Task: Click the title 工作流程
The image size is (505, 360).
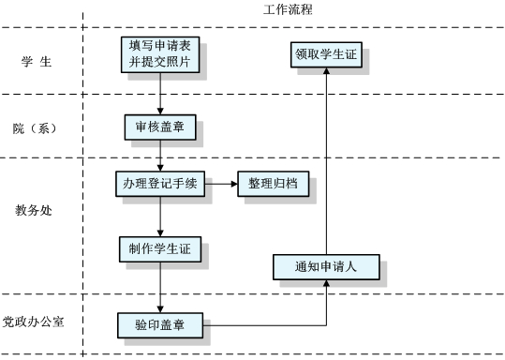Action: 289,9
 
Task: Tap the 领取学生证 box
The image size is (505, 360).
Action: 326,54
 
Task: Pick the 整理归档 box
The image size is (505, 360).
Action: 273,184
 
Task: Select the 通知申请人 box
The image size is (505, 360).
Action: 326,267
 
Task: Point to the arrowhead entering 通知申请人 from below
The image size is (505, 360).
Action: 326,285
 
